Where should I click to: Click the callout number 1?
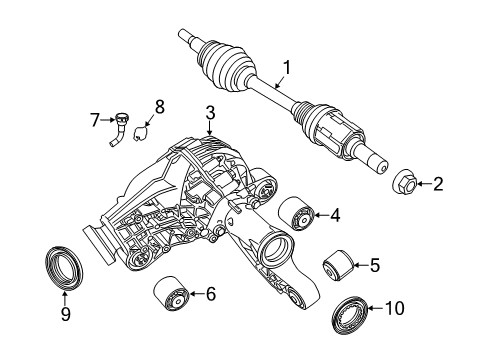[287, 69]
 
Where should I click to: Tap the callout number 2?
[437, 184]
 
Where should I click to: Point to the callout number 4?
[335, 213]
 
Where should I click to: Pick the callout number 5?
[374, 266]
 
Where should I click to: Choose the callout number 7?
[96, 121]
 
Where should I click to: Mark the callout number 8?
[157, 106]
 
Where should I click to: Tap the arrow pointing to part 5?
[357, 266]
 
